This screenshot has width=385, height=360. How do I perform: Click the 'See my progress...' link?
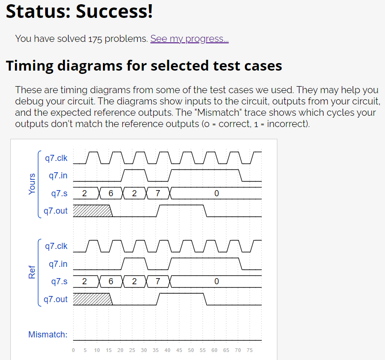pos(189,39)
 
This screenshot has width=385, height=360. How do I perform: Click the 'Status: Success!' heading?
pos(79,11)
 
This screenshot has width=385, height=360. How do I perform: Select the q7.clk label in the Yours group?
pos(56,158)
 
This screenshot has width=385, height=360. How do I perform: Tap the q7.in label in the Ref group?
pos(58,264)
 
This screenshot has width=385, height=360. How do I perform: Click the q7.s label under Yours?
pos(59,193)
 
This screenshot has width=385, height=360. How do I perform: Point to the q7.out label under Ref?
pos(55,299)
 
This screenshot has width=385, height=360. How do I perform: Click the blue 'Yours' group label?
pos(32,184)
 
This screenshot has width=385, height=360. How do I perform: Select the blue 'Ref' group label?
pos(32,272)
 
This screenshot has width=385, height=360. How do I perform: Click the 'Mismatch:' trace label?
pos(47,335)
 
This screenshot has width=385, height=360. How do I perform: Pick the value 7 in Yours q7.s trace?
pos(157,193)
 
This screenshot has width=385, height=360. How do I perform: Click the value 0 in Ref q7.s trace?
pos(216,281)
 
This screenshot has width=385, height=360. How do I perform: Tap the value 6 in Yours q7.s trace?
pos(111,193)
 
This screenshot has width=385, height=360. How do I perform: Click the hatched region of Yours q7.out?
pos(92,210)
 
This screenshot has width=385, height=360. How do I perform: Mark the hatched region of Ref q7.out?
pos(92,299)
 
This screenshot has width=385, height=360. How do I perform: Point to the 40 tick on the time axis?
pos(167,350)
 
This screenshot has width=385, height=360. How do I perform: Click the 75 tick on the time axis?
pos(250,350)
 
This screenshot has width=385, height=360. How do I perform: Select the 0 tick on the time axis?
pos(73,350)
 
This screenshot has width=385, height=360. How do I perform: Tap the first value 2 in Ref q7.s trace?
pos(84,281)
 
